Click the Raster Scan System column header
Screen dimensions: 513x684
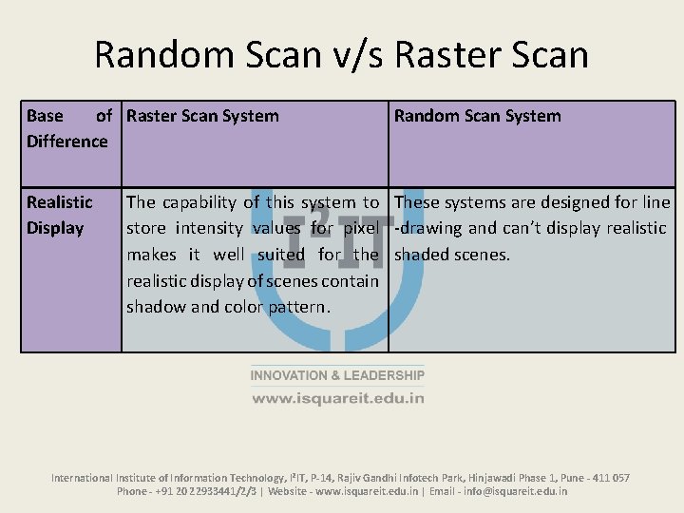pos(202,116)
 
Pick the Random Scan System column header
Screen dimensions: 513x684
pos(477,116)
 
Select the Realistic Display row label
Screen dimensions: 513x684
pos(59,215)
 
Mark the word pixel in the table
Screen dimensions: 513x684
pos(361,228)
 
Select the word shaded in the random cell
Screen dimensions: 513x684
pos(422,255)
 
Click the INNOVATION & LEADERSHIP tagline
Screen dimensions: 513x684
pos(337,376)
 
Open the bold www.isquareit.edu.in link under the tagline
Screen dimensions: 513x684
pos(337,398)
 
